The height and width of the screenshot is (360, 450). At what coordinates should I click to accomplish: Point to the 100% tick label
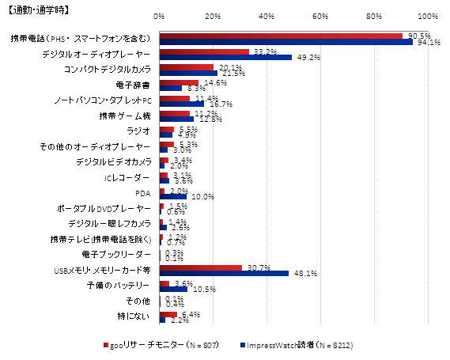(428, 16)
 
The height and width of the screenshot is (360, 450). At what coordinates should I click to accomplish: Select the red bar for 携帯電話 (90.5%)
(281, 35)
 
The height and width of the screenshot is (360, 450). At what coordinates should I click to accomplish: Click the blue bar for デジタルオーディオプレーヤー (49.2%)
(225, 57)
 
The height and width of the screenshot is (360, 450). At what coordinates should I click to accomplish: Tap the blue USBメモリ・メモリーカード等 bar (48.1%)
(224, 273)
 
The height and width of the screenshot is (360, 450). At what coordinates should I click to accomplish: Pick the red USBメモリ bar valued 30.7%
(201, 267)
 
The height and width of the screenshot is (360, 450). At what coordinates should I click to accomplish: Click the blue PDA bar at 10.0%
(172, 195)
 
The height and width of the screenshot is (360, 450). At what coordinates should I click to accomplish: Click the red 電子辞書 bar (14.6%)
(179, 81)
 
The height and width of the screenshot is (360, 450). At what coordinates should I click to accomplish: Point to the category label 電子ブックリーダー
(116, 255)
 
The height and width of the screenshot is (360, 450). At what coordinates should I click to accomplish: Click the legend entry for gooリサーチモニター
(157, 345)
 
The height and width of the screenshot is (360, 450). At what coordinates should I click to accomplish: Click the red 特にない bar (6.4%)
(168, 313)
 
